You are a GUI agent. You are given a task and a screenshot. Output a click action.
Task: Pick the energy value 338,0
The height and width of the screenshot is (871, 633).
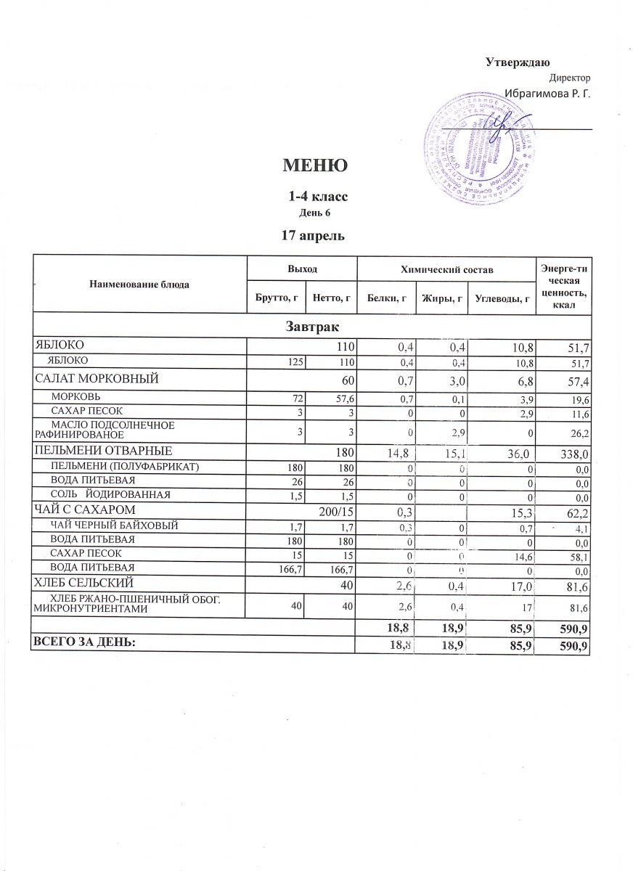click(571, 454)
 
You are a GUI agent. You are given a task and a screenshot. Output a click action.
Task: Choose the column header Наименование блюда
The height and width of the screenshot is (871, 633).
click(139, 284)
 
